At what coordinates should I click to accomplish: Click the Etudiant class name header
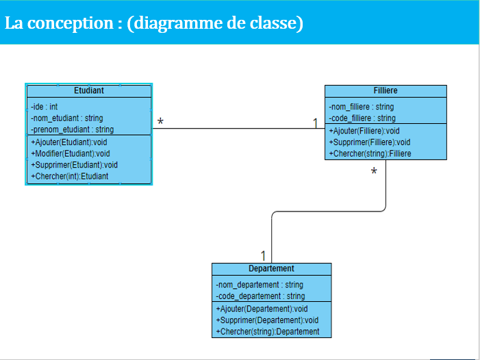click(89, 90)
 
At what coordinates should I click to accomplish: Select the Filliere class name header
click(386, 90)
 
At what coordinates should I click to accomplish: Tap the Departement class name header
click(271, 269)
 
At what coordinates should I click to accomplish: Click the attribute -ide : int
click(45, 107)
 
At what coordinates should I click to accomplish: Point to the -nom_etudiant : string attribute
click(66, 118)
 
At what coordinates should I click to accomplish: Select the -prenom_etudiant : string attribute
click(72, 129)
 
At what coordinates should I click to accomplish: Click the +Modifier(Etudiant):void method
click(70, 153)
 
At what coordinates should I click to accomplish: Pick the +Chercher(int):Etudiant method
click(69, 177)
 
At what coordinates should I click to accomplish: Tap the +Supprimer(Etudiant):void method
click(74, 165)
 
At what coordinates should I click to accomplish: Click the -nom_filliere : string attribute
click(362, 107)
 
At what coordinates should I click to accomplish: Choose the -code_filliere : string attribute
click(362, 118)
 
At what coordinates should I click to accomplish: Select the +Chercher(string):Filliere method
click(370, 154)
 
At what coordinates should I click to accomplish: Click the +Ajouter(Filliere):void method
click(364, 131)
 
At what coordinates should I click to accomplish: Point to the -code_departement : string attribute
click(260, 296)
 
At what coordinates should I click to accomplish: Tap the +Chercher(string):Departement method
click(268, 331)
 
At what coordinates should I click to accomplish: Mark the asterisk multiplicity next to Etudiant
click(160, 123)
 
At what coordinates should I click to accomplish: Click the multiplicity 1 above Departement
click(264, 255)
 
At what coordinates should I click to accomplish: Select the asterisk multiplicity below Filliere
click(374, 172)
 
